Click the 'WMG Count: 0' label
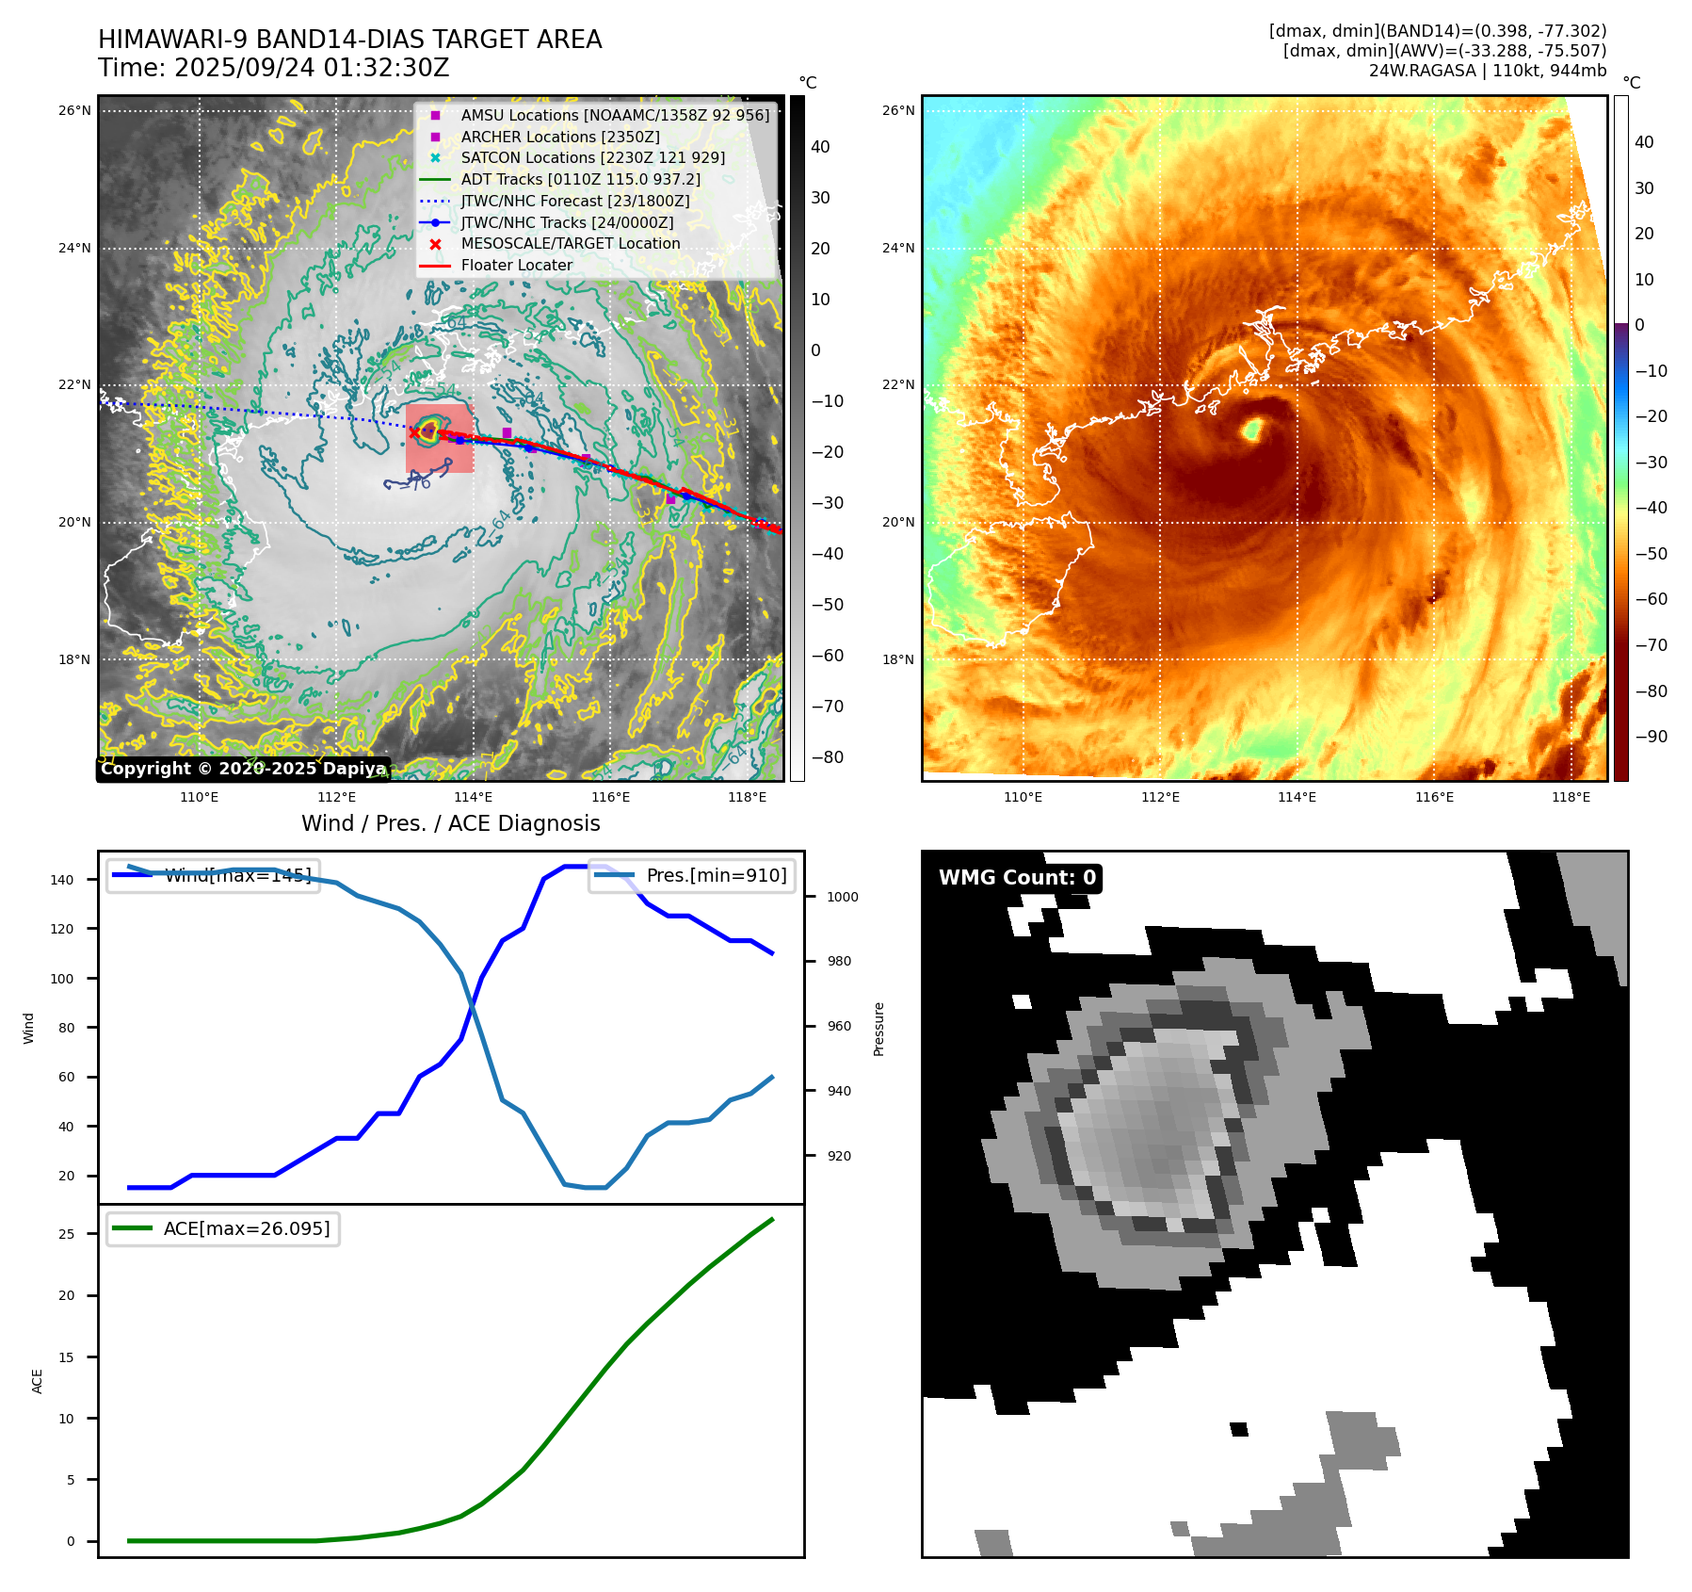(x=1017, y=878)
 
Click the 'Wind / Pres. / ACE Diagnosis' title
(x=450, y=823)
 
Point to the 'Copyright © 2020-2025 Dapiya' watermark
(x=243, y=769)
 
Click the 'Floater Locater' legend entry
(x=516, y=266)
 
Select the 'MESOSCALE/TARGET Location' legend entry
(x=570, y=244)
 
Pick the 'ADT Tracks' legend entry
(x=580, y=179)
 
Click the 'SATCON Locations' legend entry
(x=592, y=158)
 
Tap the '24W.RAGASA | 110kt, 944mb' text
(x=1487, y=71)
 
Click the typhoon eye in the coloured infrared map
(x=1252, y=430)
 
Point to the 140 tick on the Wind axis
(x=62, y=880)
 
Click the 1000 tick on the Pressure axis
(x=842, y=897)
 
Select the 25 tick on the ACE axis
(x=66, y=1234)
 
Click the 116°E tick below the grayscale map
(x=610, y=798)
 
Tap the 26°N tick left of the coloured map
(x=897, y=111)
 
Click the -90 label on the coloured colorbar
(x=1651, y=737)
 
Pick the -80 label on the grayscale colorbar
(x=828, y=757)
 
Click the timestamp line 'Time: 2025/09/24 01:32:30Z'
(x=273, y=69)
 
